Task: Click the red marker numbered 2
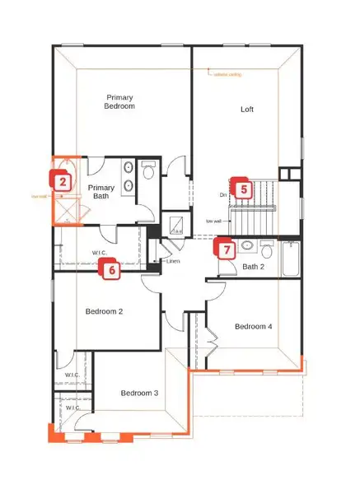pyautogui.click(x=61, y=179)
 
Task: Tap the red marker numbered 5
pyautogui.click(x=242, y=189)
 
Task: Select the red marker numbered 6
pyautogui.click(x=110, y=268)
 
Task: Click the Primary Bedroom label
pyautogui.click(x=119, y=101)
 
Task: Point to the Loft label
pyautogui.click(x=246, y=109)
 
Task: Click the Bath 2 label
pyautogui.click(x=252, y=267)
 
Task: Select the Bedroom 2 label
pyautogui.click(x=105, y=311)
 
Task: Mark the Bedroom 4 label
pyautogui.click(x=254, y=327)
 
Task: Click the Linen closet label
pyautogui.click(x=172, y=262)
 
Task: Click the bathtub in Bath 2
pyautogui.click(x=291, y=259)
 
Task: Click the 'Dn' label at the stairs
pyautogui.click(x=223, y=195)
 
